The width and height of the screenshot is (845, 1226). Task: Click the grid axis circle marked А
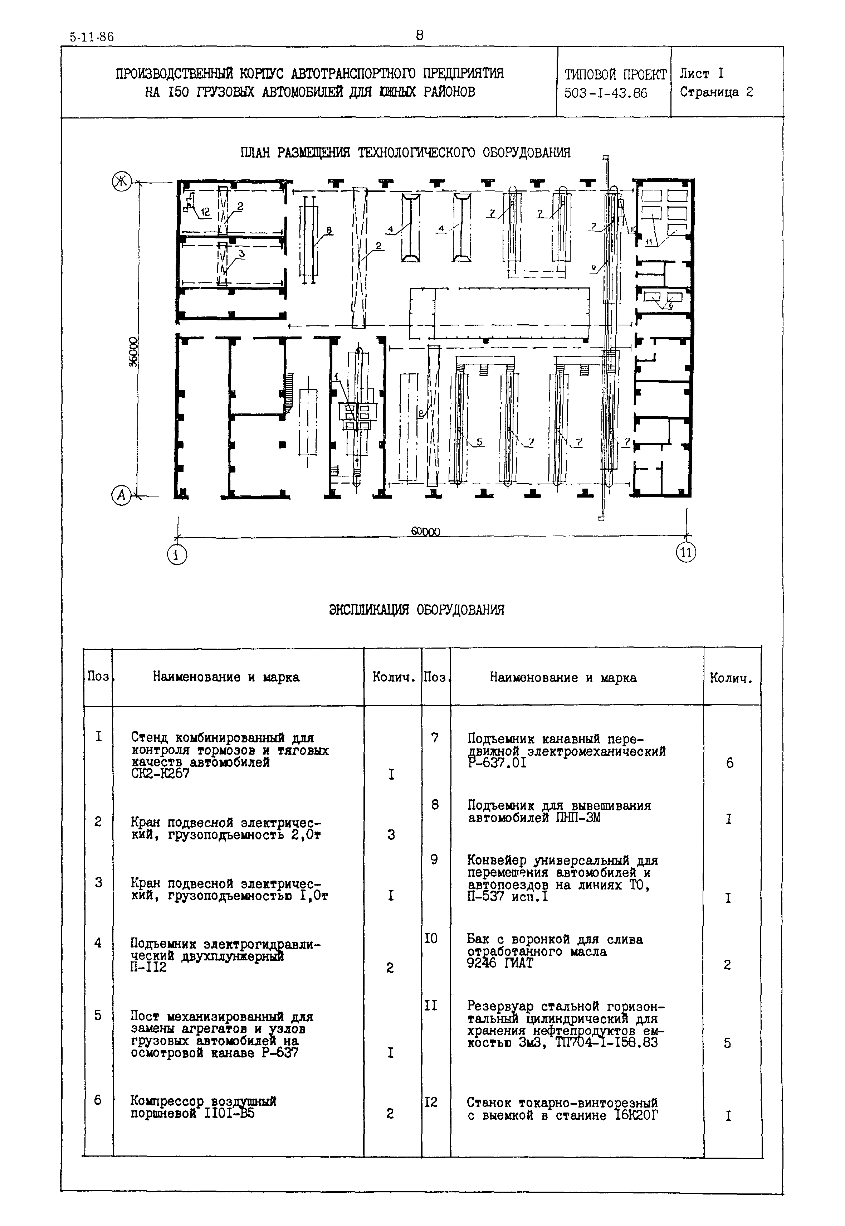pyautogui.click(x=121, y=495)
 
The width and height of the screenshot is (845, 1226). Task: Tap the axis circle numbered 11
pyautogui.click(x=686, y=553)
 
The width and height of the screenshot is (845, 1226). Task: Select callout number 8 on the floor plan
pyautogui.click(x=329, y=230)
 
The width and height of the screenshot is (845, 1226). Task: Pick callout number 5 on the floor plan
pyautogui.click(x=479, y=441)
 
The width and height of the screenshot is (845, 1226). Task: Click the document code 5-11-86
pyautogui.click(x=92, y=37)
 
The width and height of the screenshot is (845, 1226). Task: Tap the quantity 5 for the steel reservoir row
pyautogui.click(x=727, y=1043)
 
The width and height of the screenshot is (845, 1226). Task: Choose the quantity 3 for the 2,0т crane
pyautogui.click(x=391, y=835)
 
